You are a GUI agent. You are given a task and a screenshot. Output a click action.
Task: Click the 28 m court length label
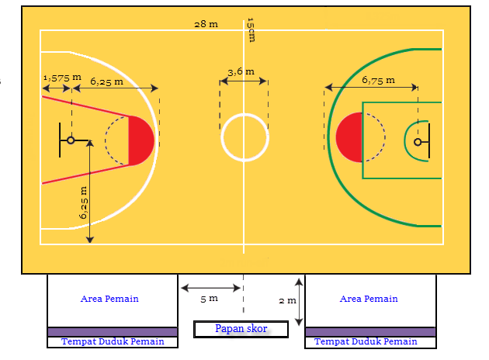(206, 24)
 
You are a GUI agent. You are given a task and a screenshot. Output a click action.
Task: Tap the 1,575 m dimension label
(62, 78)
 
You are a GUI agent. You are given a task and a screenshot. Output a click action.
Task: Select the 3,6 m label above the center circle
(240, 71)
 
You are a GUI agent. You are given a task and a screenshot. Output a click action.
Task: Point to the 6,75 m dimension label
(378, 79)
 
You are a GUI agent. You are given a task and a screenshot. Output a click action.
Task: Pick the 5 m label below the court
(209, 298)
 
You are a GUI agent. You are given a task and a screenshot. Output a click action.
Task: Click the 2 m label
(287, 300)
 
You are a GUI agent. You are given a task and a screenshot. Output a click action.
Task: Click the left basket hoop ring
(71, 140)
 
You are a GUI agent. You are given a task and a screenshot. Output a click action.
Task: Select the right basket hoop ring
(418, 142)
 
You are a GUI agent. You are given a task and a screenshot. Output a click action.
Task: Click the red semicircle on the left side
(142, 140)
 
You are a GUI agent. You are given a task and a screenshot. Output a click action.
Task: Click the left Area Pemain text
(110, 299)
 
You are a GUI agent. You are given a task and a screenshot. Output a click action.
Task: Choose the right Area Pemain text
(369, 299)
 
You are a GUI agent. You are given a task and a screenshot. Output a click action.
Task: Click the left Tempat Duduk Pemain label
(113, 341)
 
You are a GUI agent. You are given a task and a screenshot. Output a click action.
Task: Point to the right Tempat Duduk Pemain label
(366, 341)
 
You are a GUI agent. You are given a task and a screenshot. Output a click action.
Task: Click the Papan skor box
(241, 329)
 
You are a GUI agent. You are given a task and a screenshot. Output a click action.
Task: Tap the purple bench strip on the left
(113, 332)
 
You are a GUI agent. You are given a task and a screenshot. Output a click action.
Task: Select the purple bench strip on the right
(369, 332)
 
